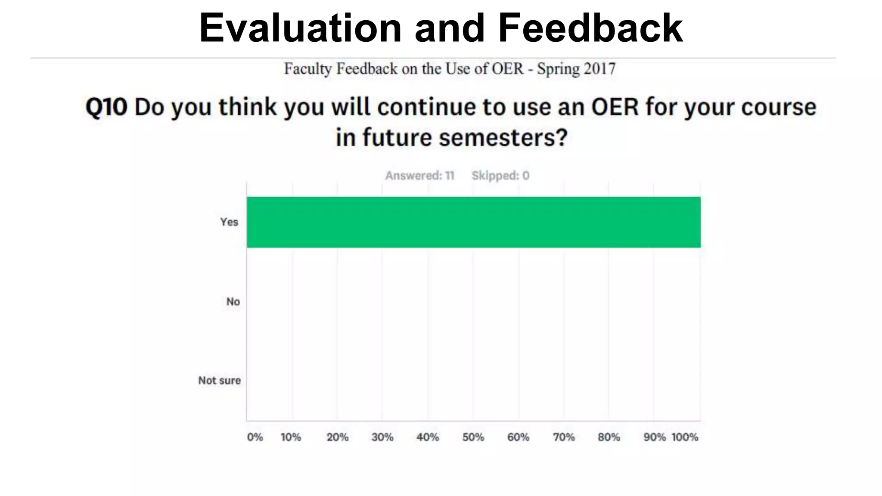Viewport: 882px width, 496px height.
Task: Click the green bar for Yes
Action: click(473, 222)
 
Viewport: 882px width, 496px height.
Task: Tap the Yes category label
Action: click(229, 222)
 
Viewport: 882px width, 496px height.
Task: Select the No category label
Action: click(233, 301)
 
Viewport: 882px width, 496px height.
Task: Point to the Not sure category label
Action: click(219, 381)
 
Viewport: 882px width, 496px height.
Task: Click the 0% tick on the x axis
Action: click(255, 437)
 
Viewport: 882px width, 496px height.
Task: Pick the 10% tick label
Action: click(291, 437)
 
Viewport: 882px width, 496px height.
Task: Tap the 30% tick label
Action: click(382, 437)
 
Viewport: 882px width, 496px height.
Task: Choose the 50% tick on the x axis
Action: click(473, 437)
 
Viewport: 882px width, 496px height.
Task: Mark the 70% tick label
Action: click(564, 437)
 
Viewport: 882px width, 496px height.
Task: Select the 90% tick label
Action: click(654, 437)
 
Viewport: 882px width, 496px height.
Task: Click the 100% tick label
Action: click(685, 437)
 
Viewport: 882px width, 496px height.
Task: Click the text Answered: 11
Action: click(419, 176)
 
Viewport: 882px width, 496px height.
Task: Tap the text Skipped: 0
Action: click(500, 176)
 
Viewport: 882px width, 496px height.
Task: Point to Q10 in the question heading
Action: click(106, 107)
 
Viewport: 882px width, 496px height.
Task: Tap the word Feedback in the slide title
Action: click(590, 28)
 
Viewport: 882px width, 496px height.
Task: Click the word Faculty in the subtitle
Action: click(307, 69)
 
